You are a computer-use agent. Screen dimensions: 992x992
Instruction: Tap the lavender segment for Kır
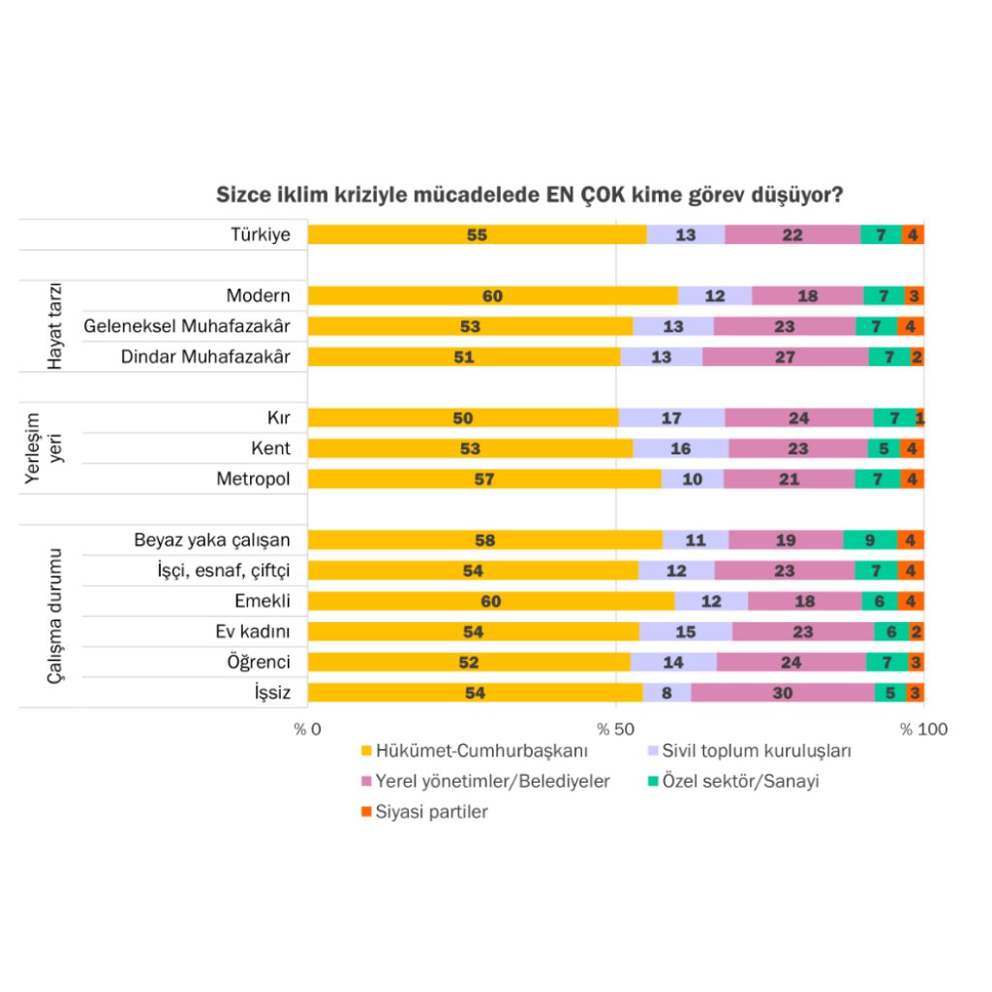(671, 418)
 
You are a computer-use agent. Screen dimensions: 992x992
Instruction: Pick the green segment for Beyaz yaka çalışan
(870, 540)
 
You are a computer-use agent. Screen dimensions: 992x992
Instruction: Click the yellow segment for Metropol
(484, 479)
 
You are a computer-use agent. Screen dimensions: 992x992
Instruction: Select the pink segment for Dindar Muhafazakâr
(786, 356)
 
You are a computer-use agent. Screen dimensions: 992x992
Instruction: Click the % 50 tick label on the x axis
(616, 729)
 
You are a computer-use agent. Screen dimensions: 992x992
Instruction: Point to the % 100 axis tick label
(923, 729)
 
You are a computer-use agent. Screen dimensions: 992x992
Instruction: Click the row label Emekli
(263, 601)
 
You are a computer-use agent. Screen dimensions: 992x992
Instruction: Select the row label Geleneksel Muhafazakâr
(187, 326)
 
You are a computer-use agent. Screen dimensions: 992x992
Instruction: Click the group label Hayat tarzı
(55, 326)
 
